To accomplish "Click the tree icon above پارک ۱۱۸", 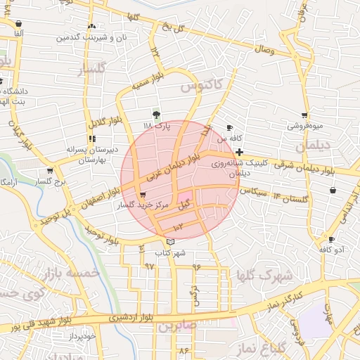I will pos(156,114).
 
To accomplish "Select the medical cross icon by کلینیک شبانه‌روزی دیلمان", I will pos(239,152).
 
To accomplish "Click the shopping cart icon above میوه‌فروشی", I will pos(304,115).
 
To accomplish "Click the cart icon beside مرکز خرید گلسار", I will pos(143,195).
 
